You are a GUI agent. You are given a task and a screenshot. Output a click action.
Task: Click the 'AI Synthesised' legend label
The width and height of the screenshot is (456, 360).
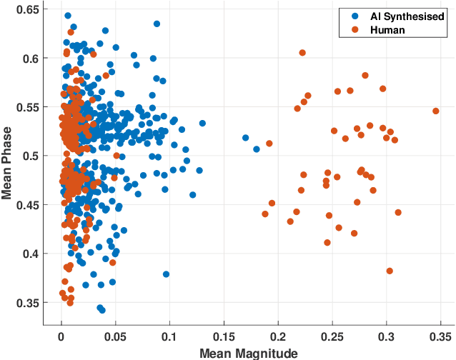[407, 16]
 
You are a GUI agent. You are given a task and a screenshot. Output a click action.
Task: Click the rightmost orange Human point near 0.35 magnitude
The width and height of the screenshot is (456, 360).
[435, 111]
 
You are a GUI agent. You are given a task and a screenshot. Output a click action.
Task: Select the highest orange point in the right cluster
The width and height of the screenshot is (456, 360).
[302, 53]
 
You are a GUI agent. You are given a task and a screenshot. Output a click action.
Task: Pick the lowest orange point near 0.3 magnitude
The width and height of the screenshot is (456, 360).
[390, 271]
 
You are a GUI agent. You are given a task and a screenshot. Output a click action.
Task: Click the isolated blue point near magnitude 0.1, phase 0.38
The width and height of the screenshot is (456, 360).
[166, 274]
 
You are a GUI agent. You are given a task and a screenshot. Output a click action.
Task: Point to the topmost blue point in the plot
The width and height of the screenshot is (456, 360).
[68, 15]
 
